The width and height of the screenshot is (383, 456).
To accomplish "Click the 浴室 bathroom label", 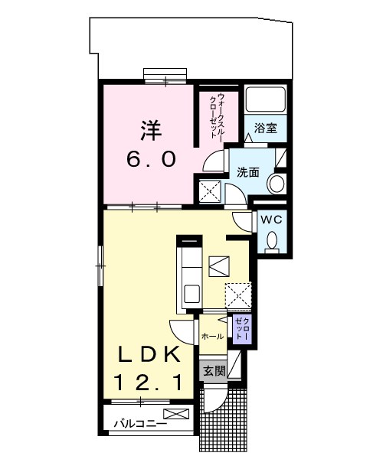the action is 265,129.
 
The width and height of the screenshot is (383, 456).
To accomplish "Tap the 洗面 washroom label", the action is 247,173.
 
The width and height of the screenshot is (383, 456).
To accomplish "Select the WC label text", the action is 271,220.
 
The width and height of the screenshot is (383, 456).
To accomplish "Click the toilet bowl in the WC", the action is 273,242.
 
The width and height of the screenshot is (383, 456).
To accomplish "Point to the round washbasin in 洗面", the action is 277,184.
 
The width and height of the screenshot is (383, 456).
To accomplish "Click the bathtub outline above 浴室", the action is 265,99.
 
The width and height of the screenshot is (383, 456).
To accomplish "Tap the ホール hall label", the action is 213,337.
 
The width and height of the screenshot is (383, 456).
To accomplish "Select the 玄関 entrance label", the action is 214,371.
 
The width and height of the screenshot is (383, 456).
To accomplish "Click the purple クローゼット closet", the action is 241,329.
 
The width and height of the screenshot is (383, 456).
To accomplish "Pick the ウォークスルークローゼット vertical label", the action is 218,117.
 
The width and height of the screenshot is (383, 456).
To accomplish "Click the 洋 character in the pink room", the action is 151,130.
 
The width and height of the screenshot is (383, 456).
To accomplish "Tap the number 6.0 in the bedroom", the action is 151,159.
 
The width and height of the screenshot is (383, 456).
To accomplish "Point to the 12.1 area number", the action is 148,383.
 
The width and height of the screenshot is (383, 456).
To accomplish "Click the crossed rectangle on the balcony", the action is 176,414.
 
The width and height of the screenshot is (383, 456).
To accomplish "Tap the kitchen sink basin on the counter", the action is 192,294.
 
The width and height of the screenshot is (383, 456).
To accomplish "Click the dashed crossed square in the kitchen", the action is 238,295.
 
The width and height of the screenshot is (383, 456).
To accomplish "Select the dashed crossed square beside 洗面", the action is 210,191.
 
